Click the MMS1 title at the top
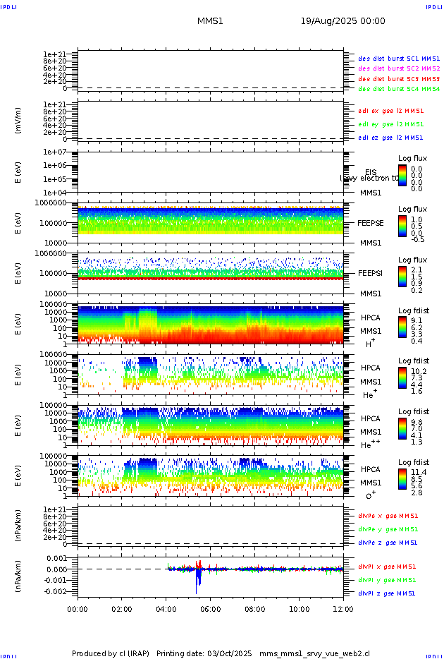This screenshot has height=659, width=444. [210, 21]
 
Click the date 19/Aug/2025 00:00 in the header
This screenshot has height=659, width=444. [343, 21]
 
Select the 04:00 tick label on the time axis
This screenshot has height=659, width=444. [166, 608]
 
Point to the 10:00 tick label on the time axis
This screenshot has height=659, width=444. [299, 608]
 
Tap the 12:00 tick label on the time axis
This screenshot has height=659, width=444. [343, 608]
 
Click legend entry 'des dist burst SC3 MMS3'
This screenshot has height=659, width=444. [399, 79]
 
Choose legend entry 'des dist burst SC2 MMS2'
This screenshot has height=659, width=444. [399, 68]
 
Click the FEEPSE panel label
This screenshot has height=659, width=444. [371, 222]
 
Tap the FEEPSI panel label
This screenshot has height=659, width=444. [371, 272]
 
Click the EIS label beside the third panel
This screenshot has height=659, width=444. [371, 172]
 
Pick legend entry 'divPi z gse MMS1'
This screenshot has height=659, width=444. [387, 593]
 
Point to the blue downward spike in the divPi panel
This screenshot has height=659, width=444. [199, 582]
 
